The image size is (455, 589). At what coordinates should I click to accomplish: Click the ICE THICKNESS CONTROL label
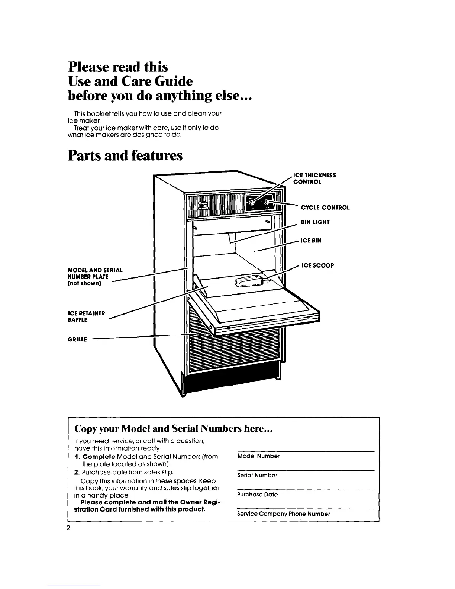tap(314, 178)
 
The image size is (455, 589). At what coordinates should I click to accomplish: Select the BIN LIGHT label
tap(315, 222)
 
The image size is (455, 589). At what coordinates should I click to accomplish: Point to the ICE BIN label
tap(311, 241)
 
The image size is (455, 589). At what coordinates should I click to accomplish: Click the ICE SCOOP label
tap(317, 265)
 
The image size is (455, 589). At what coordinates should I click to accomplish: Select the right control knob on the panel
tap(267, 202)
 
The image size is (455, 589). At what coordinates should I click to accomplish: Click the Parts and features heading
tap(125, 155)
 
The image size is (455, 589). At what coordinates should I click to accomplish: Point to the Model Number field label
tap(258, 456)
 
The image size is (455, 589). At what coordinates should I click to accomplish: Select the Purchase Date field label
tap(257, 495)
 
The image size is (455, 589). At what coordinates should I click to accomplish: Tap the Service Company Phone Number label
tap(284, 514)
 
